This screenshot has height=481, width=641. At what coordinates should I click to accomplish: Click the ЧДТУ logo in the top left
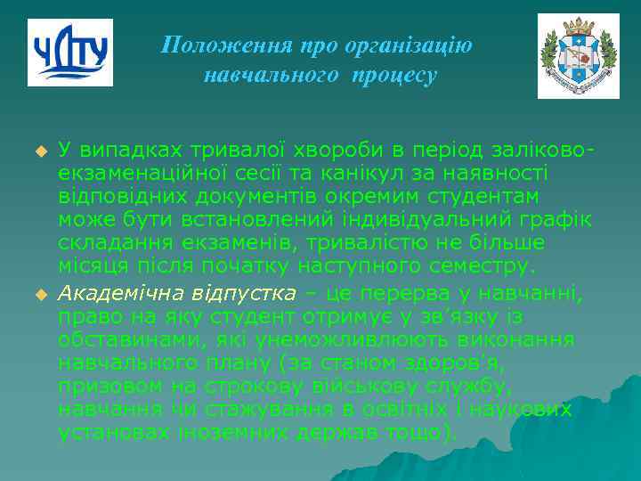coord(70,53)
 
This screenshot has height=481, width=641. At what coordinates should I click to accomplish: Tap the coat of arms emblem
coord(578,55)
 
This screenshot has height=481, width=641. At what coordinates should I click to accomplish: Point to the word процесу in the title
coord(394,76)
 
